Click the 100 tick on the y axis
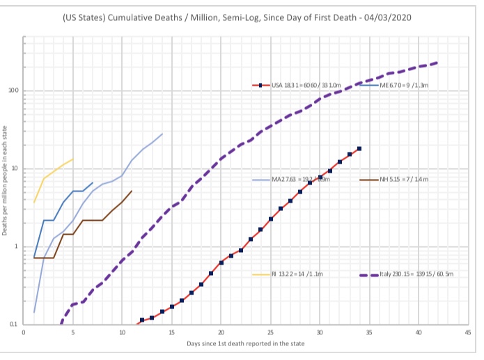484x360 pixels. [13, 91]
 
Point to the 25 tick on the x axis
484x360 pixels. [270, 333]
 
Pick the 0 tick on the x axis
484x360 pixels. [24, 333]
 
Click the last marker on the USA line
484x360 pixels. [359, 148]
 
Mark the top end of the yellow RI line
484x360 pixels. [73, 159]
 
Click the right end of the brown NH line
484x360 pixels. [132, 190]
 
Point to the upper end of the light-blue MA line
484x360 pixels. [162, 134]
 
